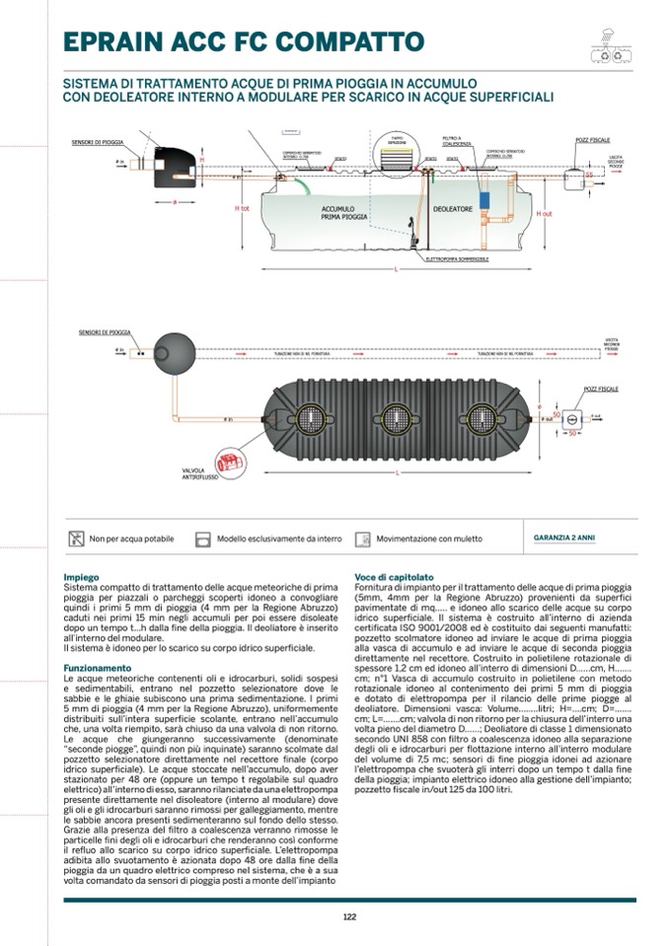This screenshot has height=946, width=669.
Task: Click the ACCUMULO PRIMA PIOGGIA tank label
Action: tap(344, 213)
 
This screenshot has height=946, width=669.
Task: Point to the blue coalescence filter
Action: tap(484, 198)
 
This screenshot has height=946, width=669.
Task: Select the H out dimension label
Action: tap(544, 213)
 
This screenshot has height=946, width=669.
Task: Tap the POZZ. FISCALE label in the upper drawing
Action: tap(593, 141)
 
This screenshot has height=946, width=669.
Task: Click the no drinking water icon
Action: tap(76, 539)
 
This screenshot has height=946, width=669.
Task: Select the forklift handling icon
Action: tap(363, 539)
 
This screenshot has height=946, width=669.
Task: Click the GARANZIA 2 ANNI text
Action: tap(563, 539)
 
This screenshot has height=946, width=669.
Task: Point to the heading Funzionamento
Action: tap(97, 668)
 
